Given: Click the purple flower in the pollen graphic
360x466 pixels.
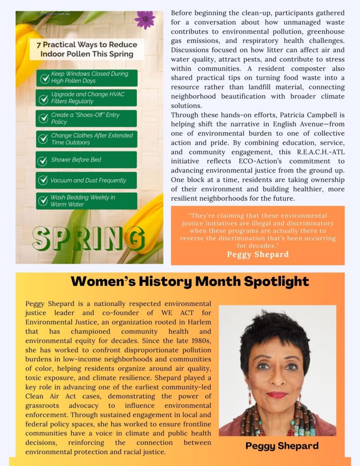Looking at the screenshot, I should pos(145,20).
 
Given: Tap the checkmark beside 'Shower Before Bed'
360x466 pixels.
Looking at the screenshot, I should pos(43,160).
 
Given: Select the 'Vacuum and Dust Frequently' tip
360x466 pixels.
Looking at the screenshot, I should pos(88,180).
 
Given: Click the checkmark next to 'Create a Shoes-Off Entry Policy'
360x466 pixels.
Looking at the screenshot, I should pos(43,118).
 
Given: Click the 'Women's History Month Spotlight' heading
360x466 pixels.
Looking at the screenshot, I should pos(190,281).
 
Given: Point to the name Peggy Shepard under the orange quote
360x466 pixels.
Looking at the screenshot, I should pos(258,254).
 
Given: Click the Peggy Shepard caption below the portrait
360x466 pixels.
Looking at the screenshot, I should pos(282,446).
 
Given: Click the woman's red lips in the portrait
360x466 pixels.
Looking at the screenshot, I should pos(277,395).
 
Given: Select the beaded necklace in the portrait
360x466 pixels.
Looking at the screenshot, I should pos(278,421).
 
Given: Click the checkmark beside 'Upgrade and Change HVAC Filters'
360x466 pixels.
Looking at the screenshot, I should pos(43,98).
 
